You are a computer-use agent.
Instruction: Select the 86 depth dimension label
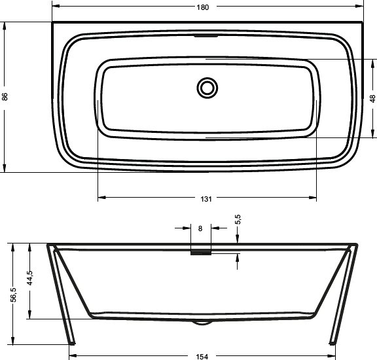tap(6, 97)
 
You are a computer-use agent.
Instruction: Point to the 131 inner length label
tap(207, 198)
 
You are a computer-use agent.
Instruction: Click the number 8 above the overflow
tap(200, 228)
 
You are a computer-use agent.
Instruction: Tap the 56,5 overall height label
tap(13, 296)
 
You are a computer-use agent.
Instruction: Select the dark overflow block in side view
tap(200, 251)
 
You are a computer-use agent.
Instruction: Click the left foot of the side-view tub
tap(71, 340)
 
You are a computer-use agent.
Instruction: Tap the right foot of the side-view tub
tap(332, 340)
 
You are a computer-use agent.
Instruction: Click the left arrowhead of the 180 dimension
tap(55, 7)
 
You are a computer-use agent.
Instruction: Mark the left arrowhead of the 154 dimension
tap(74, 356)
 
